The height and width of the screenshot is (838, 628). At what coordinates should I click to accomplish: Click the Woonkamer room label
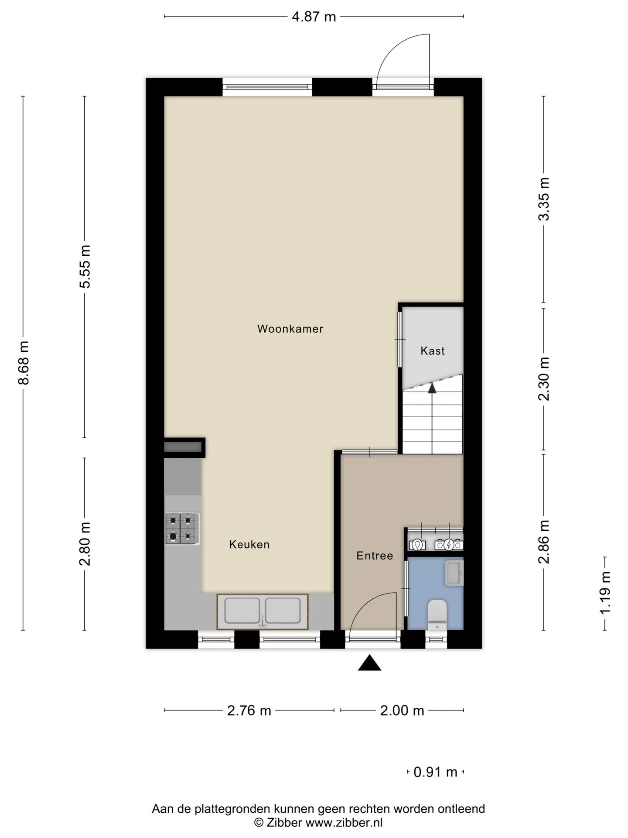click(290, 329)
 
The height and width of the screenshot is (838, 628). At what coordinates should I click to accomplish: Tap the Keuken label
click(249, 544)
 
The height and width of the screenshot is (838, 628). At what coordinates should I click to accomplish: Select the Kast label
click(433, 350)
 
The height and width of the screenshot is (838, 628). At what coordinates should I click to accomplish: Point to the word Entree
click(375, 556)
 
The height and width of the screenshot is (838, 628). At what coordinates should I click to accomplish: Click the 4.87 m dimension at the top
click(314, 17)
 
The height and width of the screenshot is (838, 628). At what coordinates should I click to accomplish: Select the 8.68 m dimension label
click(24, 363)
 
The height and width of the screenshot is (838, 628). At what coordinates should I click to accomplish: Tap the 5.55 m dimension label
click(85, 266)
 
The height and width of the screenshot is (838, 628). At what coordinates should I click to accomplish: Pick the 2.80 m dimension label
click(85, 543)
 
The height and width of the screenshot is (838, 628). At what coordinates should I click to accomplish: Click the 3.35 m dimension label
click(544, 199)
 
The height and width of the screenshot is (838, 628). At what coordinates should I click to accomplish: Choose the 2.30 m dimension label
click(544, 379)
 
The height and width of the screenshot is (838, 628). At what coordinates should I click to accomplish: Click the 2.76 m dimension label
click(249, 711)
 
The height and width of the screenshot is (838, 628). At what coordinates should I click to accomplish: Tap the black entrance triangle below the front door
click(370, 663)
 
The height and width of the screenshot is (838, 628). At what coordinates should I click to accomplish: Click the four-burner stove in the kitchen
click(182, 529)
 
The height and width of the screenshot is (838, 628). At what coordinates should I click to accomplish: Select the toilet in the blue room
click(437, 615)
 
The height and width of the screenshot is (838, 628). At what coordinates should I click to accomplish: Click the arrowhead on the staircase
click(432, 388)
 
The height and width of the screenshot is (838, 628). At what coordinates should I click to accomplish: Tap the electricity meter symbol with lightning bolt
click(449, 545)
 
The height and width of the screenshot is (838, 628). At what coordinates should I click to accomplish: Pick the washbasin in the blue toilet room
click(454, 573)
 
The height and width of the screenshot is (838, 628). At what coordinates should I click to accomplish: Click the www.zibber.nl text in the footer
click(344, 823)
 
